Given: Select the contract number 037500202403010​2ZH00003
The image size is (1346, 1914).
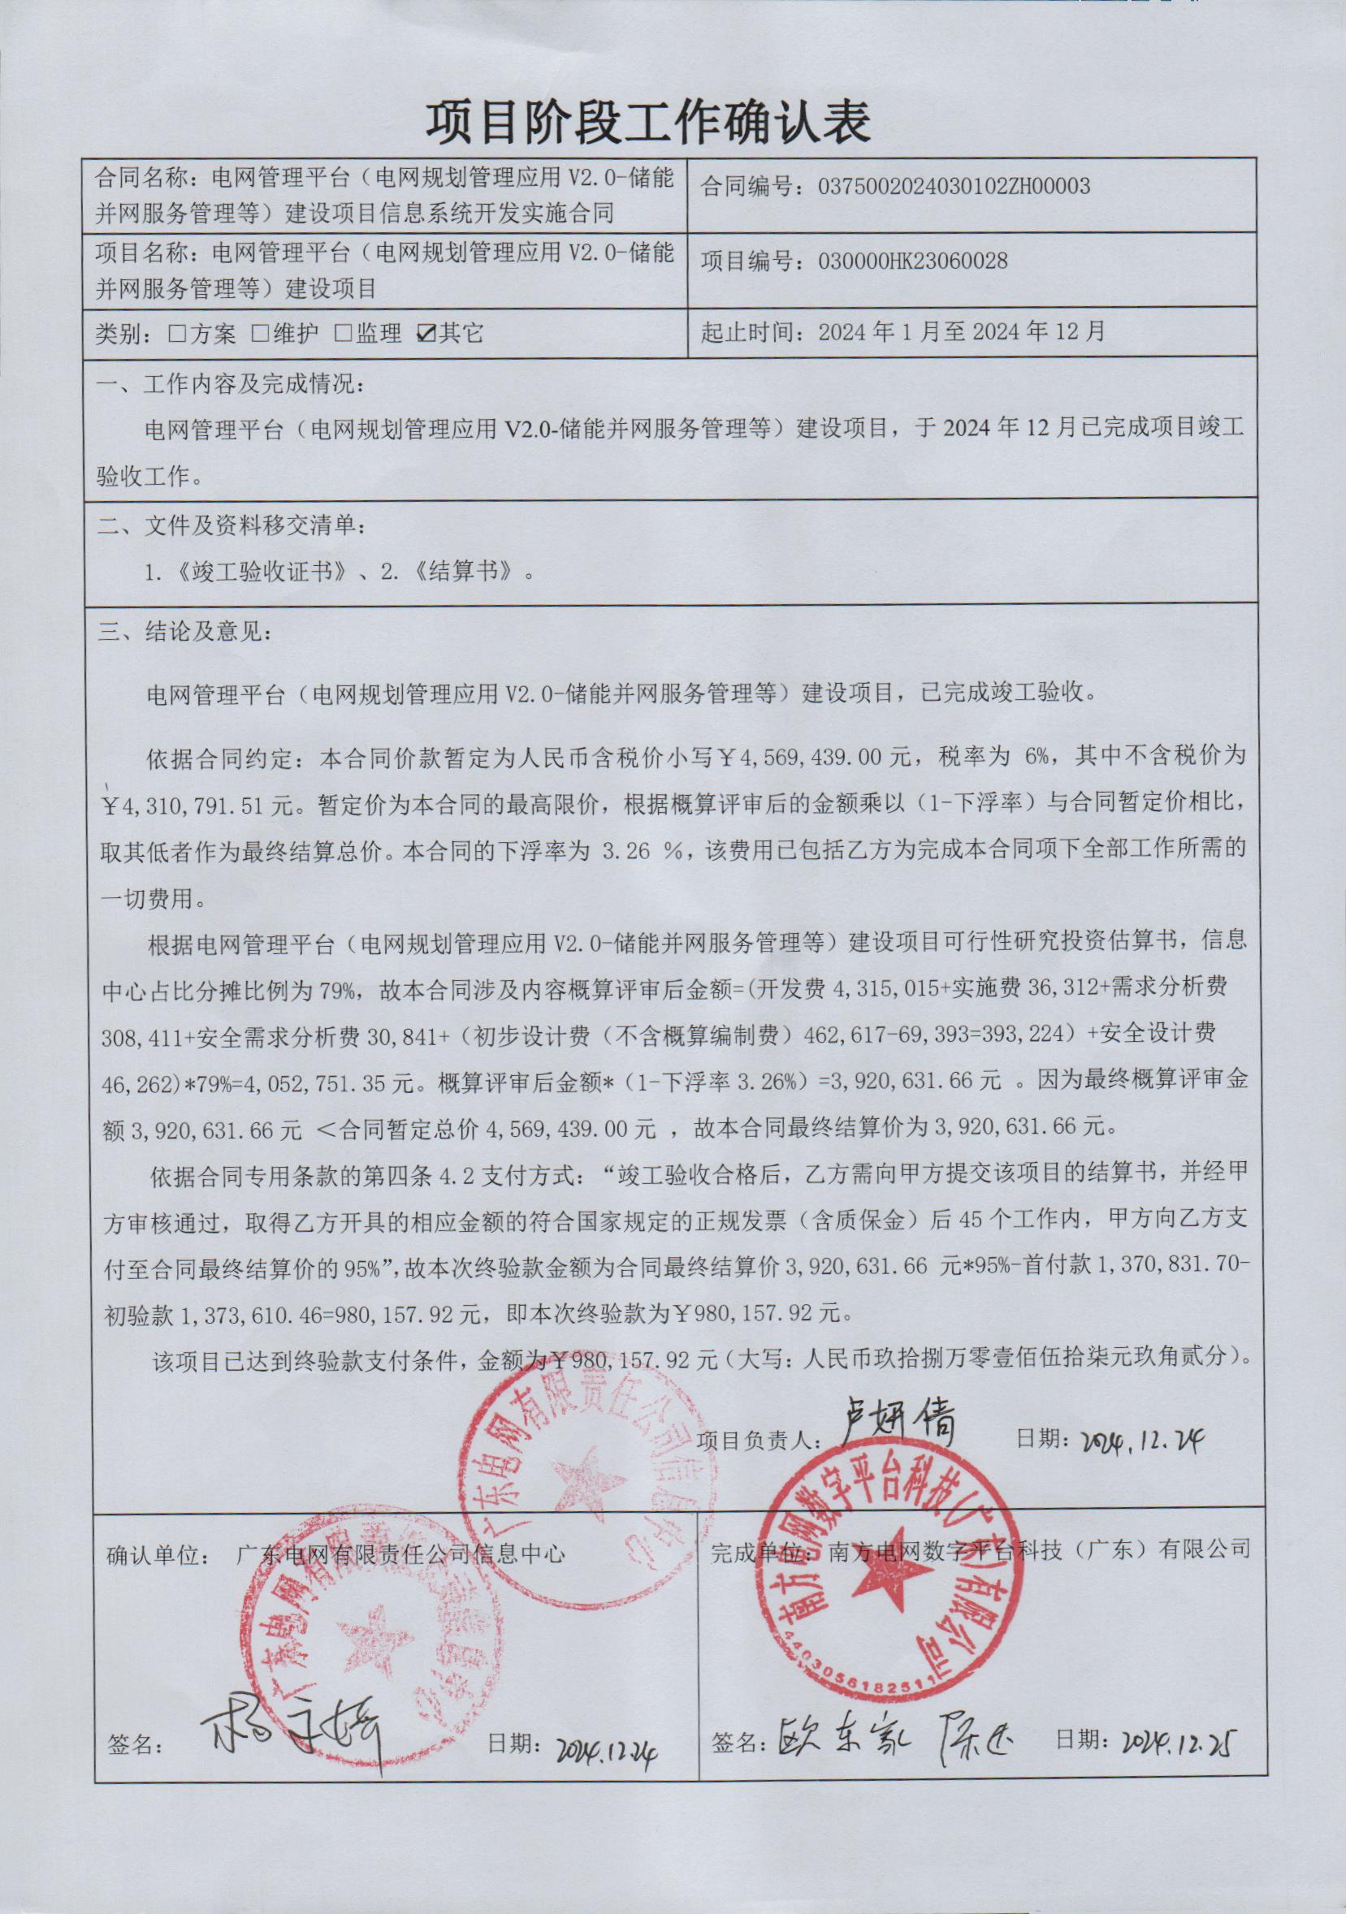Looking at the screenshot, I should (944, 186).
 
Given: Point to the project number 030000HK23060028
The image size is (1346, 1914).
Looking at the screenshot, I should (903, 261).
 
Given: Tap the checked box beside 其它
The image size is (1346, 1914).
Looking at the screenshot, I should (427, 335).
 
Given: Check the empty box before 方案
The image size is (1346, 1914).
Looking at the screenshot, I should (176, 335).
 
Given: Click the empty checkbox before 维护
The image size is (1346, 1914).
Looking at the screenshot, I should (259, 335).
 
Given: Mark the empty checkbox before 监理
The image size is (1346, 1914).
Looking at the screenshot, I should (343, 335).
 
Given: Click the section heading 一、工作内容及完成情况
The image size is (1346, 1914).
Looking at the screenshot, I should (230, 386).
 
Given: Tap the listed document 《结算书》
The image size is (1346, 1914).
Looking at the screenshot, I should (467, 574).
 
